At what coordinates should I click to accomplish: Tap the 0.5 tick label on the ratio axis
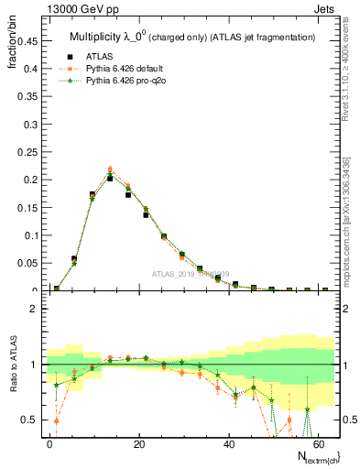click(30, 420)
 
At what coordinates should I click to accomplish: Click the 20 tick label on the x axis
click(139, 442)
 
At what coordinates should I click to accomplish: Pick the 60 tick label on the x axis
click(317, 442)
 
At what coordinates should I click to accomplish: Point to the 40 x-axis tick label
click(228, 442)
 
